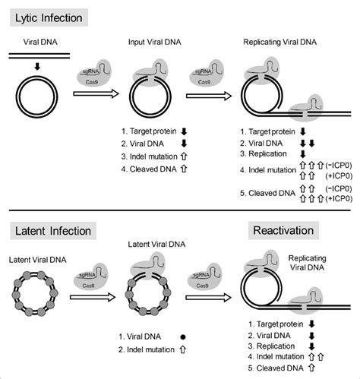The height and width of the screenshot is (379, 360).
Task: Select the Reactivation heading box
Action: pyautogui.click(x=286, y=230)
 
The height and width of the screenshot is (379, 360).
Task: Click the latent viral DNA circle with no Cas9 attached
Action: pyautogui.click(x=36, y=295)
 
